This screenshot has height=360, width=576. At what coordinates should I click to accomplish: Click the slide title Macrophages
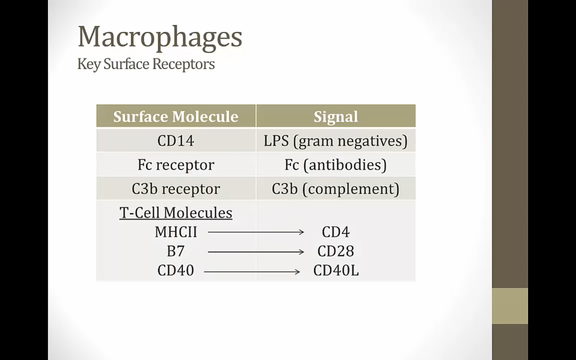160,37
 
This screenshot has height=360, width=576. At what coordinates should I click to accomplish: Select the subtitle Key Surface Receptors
146,64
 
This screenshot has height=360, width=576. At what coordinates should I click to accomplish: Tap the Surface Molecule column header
176,116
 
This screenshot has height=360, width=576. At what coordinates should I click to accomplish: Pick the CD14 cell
176,141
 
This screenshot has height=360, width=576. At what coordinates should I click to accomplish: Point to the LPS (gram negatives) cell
336,141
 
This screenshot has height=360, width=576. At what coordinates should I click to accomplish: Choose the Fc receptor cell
176,165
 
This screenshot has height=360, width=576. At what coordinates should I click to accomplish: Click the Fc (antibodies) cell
336,165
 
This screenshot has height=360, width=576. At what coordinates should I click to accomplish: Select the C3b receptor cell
176,189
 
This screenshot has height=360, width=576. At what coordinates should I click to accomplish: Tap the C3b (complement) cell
336,189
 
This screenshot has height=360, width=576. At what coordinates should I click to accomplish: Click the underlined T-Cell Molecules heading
176,213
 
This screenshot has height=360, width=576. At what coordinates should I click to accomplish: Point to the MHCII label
176,232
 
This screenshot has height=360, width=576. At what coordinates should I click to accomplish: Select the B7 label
176,251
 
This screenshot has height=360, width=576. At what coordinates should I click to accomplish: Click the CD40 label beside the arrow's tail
176,270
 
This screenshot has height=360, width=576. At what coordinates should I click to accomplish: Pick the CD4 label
336,232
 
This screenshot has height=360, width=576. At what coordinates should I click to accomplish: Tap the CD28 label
336,251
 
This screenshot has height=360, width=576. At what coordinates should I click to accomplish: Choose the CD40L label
336,270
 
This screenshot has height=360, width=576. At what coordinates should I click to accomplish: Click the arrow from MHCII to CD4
256,232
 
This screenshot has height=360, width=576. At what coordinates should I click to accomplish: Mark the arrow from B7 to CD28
256,252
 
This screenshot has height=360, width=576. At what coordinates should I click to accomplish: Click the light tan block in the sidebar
510,306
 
